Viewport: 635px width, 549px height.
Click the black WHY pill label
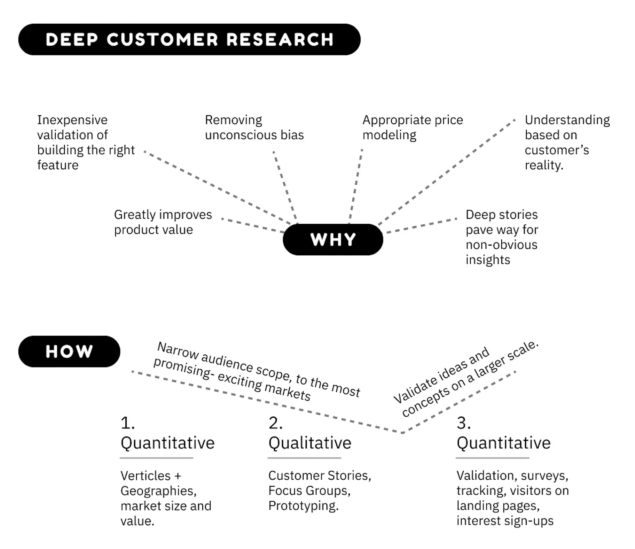(333, 239)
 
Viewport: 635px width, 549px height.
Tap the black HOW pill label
(69, 351)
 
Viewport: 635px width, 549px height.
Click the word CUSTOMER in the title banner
(162, 39)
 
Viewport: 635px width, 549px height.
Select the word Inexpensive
(72, 120)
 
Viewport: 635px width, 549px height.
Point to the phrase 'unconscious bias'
(254, 135)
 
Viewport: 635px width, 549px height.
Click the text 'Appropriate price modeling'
(412, 127)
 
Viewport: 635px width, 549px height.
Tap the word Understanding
(567, 120)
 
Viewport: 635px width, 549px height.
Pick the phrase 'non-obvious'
(501, 245)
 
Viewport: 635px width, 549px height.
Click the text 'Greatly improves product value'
(163, 222)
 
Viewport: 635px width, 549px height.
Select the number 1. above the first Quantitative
(127, 423)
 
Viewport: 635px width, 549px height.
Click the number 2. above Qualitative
(275, 423)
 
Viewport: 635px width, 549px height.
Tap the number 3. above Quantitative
(463, 423)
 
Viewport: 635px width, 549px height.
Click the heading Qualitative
(309, 443)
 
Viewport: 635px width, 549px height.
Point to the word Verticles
(146, 475)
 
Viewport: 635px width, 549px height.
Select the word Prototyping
(303, 505)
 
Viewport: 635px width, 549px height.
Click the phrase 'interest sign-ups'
(505, 520)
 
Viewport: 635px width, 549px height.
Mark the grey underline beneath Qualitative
(304, 458)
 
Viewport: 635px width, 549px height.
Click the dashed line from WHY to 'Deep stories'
(421, 225)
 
